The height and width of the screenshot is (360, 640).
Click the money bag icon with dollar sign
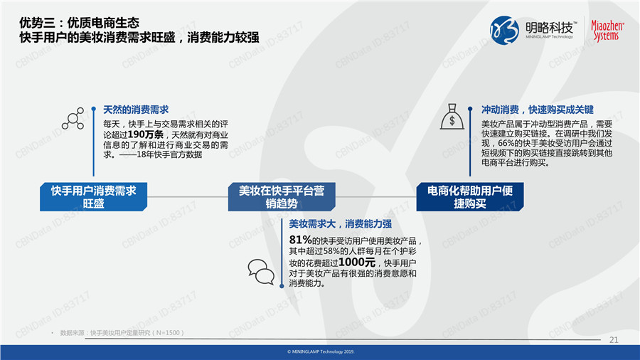coord(452,117)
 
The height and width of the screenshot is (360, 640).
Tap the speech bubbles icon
coord(261,272)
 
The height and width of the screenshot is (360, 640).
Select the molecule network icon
coord(73,118)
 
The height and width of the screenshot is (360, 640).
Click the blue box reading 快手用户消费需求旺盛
coord(93,197)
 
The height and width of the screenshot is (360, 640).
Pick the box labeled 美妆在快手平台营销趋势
coord(282,197)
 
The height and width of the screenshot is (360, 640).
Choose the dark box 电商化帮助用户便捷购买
coord(470,197)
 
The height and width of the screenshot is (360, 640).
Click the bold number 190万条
coord(146,134)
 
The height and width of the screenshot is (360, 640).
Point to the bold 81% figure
coord(300,240)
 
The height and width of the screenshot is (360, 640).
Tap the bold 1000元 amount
coord(357,262)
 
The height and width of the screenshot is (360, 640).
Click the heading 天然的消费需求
coord(136,110)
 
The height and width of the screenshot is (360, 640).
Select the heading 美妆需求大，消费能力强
coord(341,223)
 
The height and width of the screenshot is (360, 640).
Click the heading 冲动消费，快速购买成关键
coord(538,110)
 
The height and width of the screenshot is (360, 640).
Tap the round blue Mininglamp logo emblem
coord(504,31)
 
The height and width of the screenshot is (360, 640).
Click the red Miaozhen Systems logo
coord(607,31)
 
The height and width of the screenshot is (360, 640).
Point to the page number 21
coord(614,339)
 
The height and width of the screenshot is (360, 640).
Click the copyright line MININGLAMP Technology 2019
coord(321,351)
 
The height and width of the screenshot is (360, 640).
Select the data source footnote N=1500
coord(122,333)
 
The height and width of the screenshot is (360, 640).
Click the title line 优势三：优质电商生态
coord(79,23)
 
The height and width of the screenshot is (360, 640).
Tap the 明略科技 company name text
coord(550,28)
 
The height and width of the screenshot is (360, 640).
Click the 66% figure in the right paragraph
coord(506,143)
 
